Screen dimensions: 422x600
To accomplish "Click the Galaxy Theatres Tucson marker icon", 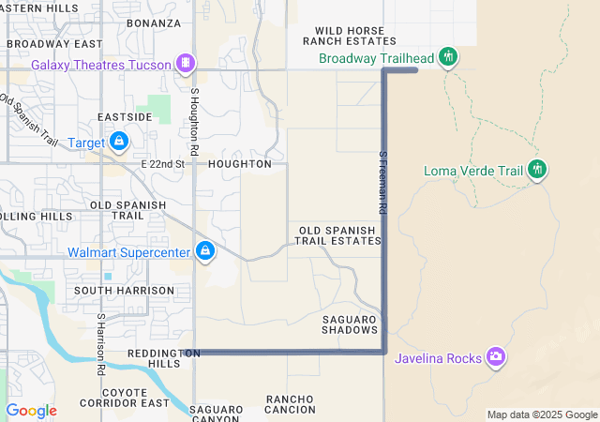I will pos(187,64).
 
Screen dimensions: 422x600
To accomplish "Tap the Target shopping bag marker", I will pos(119,142).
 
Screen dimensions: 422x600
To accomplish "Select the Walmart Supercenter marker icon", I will pos(205,251).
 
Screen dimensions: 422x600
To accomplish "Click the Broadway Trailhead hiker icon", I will pos(448,57).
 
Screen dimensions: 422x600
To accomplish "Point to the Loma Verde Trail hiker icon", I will pos(537,170).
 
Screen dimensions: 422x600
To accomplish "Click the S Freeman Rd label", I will pos(382,183).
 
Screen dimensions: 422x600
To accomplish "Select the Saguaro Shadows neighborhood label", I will pos(350,324).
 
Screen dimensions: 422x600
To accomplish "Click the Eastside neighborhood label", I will pos(125,117).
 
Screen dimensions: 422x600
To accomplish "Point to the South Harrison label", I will pos(125,291).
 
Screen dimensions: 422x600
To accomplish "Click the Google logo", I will pos(31,411).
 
